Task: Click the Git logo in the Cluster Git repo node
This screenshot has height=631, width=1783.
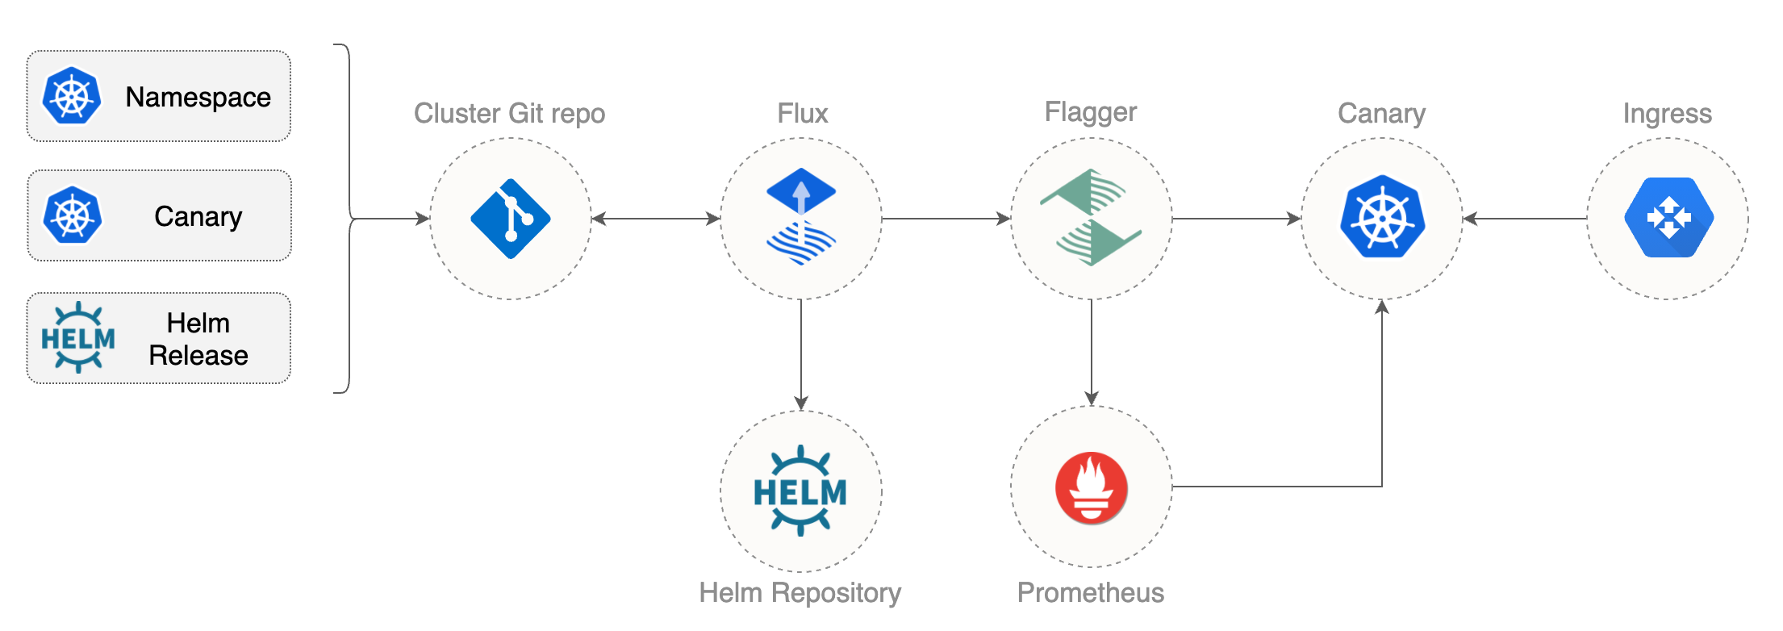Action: coord(510,219)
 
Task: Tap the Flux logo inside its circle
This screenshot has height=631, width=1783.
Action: coord(800,216)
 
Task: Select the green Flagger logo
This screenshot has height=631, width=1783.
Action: coord(1091,217)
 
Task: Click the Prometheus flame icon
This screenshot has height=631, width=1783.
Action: coord(1091,487)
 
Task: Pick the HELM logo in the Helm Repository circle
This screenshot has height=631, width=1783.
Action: coord(800,491)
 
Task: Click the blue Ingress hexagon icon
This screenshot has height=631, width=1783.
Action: coord(1668,218)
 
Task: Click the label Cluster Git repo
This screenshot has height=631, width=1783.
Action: coord(509,113)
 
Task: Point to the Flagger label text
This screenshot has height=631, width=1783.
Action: coord(1091,111)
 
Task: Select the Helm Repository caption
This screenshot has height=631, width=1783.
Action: coord(800,592)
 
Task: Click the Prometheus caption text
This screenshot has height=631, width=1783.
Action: coord(1091,592)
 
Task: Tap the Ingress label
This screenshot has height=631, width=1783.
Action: coord(1667,113)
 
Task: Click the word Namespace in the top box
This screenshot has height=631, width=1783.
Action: coord(198,97)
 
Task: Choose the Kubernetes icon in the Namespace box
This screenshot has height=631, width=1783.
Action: coord(72,96)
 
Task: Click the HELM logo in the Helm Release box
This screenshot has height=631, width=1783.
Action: coord(77,338)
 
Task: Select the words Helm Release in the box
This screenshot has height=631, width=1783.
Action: coord(198,339)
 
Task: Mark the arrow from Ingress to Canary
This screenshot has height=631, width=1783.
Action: coord(1525,218)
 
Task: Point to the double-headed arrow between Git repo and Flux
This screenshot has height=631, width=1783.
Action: coord(655,218)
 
